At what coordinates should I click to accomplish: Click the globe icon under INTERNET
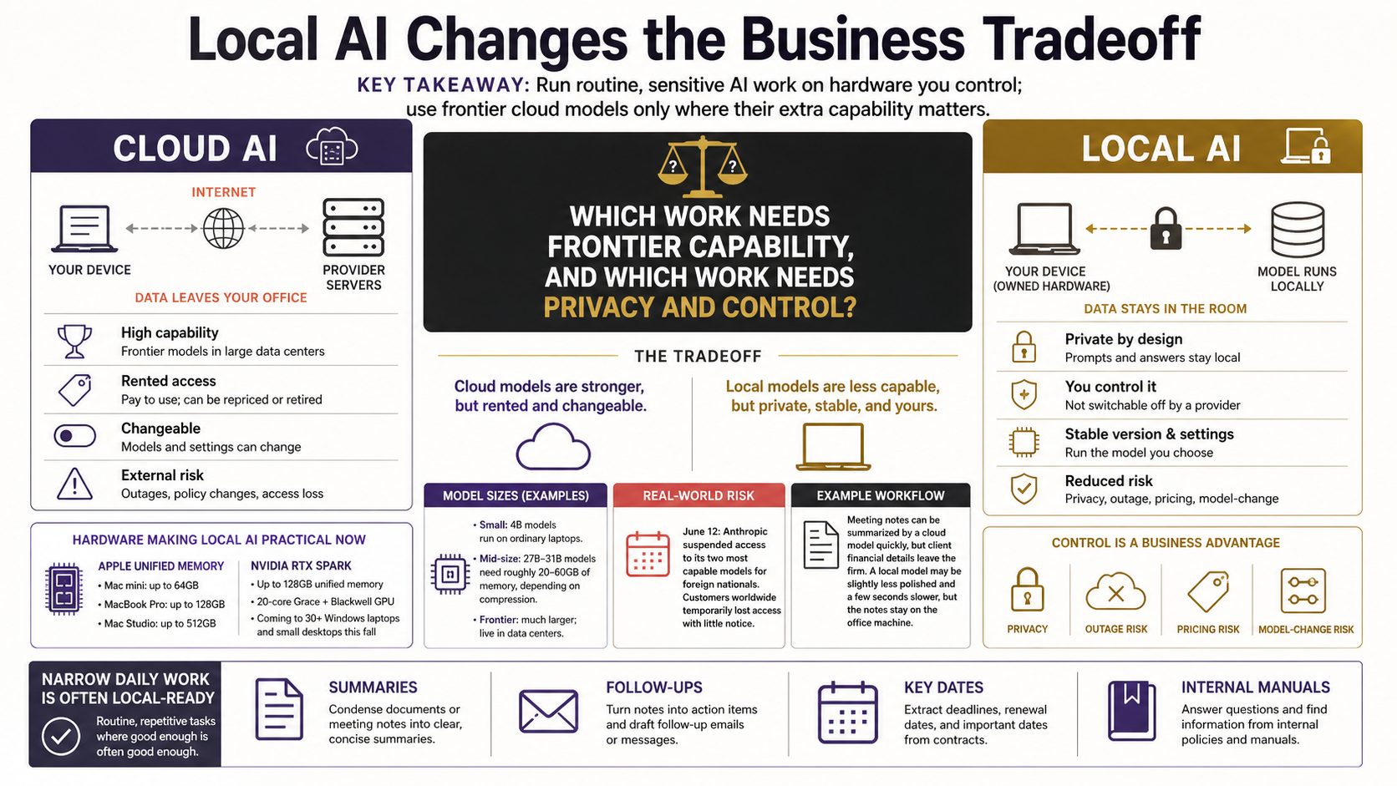click(223, 228)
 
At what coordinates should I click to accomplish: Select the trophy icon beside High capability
click(75, 342)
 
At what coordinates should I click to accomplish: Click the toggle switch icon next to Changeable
click(75, 436)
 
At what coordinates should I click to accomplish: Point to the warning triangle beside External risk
click(75, 484)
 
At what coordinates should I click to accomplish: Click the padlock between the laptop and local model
click(1166, 229)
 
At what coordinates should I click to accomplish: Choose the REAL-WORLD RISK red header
click(698, 495)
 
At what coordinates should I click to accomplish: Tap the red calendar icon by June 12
click(648, 554)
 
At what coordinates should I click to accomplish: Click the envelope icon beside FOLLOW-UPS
click(548, 711)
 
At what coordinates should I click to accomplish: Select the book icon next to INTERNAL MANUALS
click(1132, 711)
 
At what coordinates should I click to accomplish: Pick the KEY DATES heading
click(943, 687)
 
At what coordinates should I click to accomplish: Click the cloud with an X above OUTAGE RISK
click(1115, 591)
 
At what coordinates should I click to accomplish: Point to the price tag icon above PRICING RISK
click(1208, 591)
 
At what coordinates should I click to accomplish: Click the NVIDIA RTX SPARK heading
click(301, 566)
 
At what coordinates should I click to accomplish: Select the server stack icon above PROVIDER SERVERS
click(353, 227)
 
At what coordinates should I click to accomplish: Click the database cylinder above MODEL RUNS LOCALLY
click(1298, 230)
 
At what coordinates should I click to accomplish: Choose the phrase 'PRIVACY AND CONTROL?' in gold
click(699, 307)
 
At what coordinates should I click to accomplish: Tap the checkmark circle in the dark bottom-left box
click(60, 736)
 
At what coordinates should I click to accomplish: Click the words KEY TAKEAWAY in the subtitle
click(443, 84)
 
